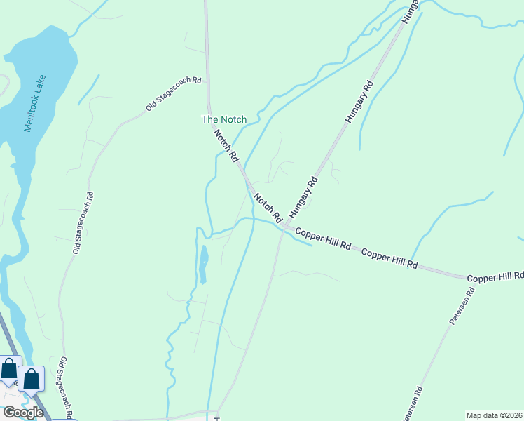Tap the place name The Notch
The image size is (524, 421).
coord(224,119)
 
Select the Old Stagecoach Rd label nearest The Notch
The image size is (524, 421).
coord(173,93)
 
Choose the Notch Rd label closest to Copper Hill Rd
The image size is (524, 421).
coord(268,206)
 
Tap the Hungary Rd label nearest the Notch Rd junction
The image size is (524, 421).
coord(303,194)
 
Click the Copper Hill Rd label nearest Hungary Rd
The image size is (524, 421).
coord(323,239)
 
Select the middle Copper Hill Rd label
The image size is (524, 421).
coord(389,258)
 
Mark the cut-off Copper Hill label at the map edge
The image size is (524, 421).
coord(495,278)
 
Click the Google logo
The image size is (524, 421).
coord(22,413)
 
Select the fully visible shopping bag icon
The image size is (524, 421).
coord(32,379)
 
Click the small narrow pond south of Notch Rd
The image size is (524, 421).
coord(202,264)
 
